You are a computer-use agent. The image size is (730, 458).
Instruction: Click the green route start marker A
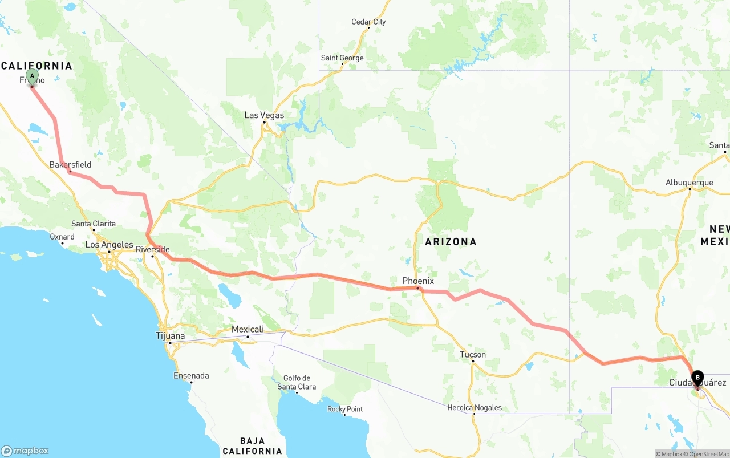32,76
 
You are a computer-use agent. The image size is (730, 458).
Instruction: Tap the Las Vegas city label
264,115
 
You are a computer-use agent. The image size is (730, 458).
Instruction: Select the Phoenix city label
418,281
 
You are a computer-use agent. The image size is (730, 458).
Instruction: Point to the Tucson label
473,355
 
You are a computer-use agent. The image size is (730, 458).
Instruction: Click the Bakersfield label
70,165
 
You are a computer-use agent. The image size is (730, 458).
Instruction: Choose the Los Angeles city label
109,245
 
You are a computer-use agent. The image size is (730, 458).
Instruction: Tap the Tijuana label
171,336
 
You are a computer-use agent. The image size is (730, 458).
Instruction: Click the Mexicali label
248,330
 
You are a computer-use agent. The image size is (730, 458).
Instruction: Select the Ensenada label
191,376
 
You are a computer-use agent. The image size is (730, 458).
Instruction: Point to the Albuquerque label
689,183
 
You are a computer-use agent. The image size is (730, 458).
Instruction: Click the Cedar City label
368,22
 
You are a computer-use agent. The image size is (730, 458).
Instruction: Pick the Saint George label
342,58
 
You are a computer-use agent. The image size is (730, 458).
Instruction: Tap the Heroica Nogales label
474,407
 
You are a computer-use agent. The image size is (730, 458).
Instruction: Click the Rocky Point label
345,409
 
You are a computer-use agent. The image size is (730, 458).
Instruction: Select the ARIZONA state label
451,242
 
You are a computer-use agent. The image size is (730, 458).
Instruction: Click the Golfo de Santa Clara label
297,382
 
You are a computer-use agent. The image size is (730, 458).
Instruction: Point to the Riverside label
152,249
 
